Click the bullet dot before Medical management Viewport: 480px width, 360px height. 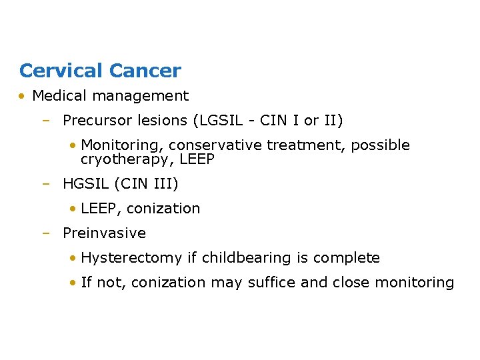point(23,96)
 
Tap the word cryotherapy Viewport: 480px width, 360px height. point(127,160)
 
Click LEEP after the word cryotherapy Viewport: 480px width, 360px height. point(197,160)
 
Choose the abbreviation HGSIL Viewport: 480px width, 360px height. point(85,183)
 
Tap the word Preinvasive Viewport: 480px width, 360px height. point(104,233)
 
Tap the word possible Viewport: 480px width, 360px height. point(381,145)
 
